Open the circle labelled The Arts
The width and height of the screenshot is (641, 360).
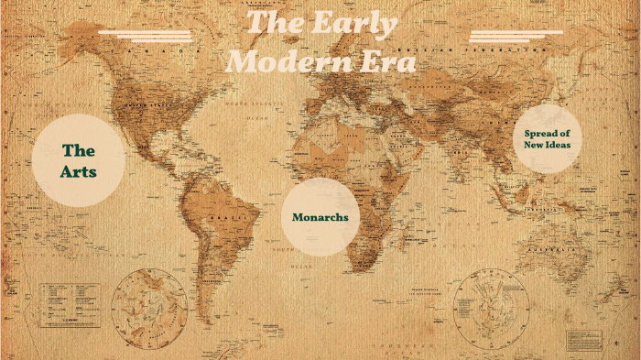[79, 160]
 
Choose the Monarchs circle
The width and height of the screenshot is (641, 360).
[320, 217]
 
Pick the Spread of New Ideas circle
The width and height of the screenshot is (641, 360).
[548, 138]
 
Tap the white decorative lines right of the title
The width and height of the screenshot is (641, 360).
[516, 36]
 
